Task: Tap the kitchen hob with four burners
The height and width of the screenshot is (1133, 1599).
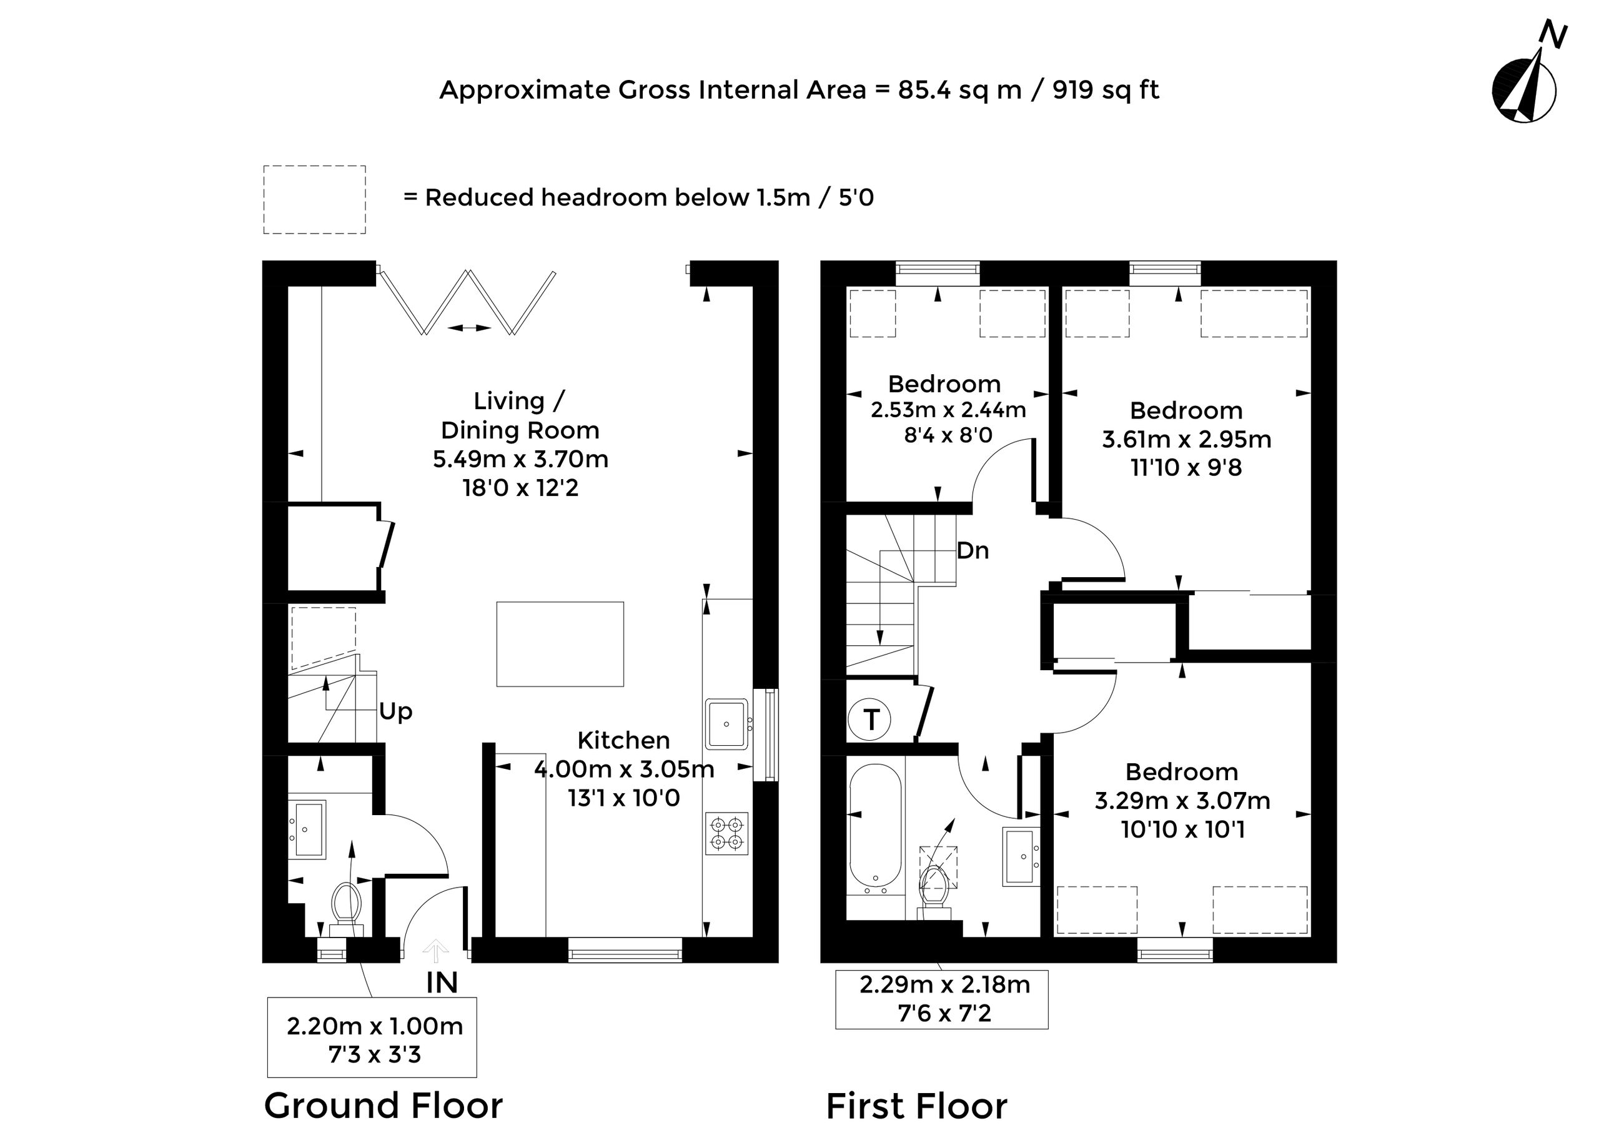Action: [x=727, y=834]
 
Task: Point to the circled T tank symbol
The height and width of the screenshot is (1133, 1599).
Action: [x=869, y=720]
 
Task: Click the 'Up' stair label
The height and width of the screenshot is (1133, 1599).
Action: [x=395, y=711]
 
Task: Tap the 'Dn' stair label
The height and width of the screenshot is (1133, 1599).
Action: [x=973, y=550]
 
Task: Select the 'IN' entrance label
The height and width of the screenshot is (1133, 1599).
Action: [x=442, y=982]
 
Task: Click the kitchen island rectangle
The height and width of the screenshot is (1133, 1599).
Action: [x=560, y=644]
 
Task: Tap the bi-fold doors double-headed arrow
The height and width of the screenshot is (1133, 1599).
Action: [x=470, y=327]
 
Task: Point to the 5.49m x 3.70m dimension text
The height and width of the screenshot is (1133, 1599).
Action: [x=520, y=459]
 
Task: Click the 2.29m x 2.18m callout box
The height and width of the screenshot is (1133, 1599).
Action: [x=942, y=999]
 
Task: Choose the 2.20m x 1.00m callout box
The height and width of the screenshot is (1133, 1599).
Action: [x=372, y=1037]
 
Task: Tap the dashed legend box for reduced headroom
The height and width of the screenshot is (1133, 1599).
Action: [x=315, y=199]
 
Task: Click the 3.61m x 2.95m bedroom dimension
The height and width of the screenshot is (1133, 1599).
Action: [x=1186, y=439]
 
